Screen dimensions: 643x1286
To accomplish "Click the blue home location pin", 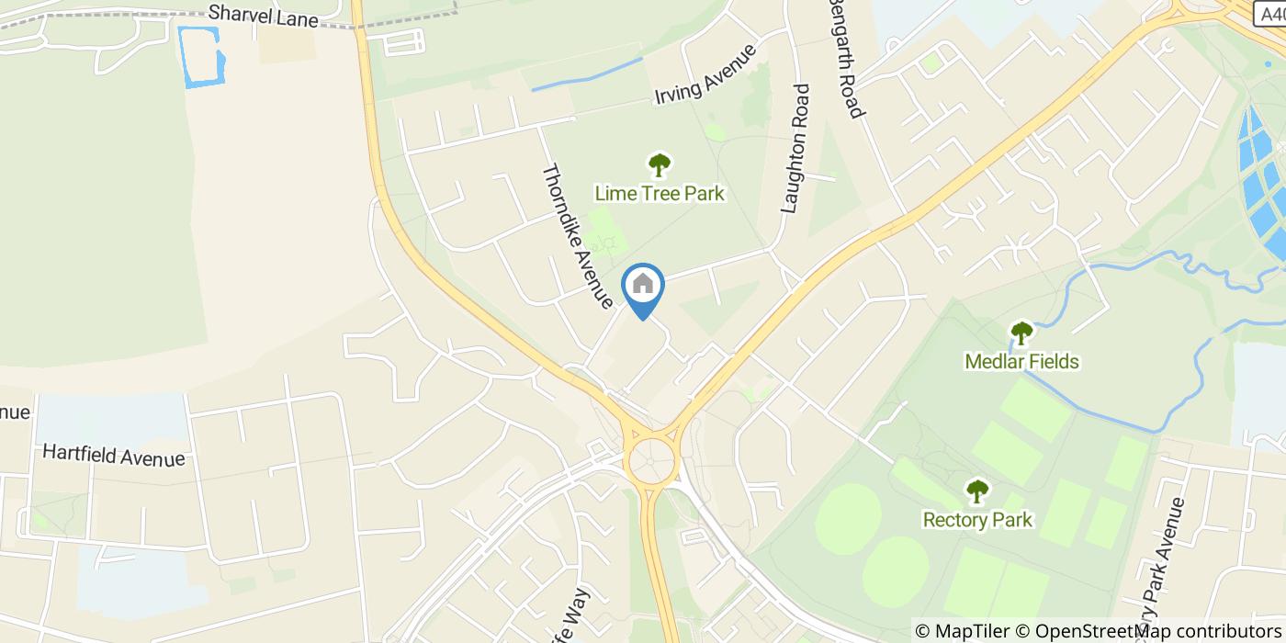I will click(x=643, y=287).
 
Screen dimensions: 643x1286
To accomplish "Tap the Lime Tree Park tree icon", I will click(x=659, y=165).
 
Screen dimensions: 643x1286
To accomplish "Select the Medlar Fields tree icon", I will click(x=1021, y=333).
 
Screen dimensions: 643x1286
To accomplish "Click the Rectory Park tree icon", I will click(x=976, y=491).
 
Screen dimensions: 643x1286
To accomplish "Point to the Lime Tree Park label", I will click(x=659, y=194).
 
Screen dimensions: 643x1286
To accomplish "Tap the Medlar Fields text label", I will click(x=1021, y=361).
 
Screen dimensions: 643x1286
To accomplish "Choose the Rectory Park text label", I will click(x=976, y=520).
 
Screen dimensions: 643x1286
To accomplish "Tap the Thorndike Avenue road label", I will click(x=577, y=235).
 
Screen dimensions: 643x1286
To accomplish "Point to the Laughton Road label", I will click(x=795, y=149).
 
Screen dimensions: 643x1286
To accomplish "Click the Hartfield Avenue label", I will click(x=113, y=456).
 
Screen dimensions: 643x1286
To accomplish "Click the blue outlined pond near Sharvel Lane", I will click(x=201, y=58).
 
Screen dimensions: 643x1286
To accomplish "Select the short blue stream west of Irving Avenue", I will click(x=587, y=74).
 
